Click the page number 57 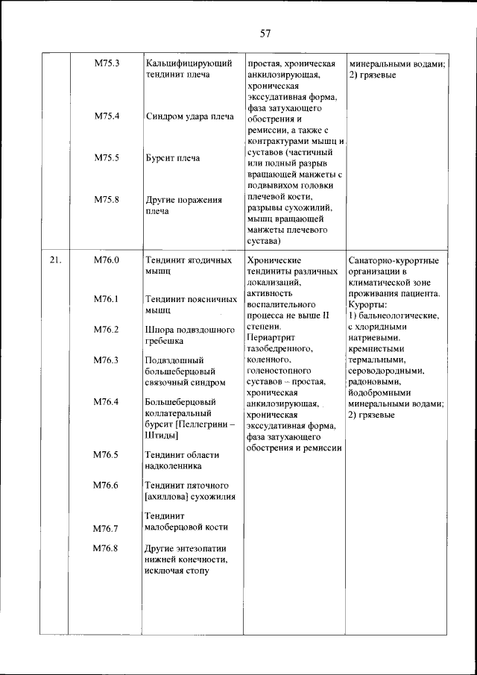(265, 33)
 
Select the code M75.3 (107, 63)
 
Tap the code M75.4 (107, 116)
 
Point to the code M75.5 (107, 158)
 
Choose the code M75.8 (107, 199)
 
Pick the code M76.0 (107, 261)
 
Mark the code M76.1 (107, 298)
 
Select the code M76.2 (107, 330)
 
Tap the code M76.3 (107, 360)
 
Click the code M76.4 (107, 402)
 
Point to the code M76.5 (107, 454)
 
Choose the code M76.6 (107, 486)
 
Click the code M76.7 (107, 529)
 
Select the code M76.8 (107, 548)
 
